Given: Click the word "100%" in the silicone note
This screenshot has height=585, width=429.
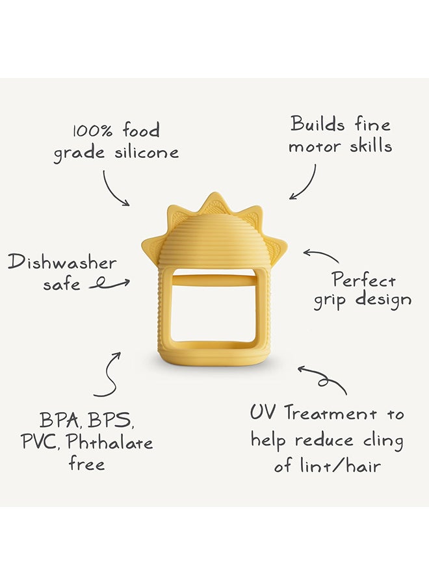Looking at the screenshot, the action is (x=92, y=131).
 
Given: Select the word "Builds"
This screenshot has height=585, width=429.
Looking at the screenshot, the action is (x=317, y=123).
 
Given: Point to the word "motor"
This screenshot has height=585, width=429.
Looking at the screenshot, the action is (x=315, y=147).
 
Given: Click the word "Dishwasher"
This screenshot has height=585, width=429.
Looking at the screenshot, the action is (x=62, y=263).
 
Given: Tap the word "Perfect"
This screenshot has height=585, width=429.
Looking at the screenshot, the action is (x=364, y=279).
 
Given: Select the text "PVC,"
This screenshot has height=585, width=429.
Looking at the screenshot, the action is (x=41, y=442).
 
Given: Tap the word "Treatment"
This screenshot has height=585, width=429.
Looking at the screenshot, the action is (x=331, y=414).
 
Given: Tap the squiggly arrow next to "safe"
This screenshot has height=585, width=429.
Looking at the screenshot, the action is (x=109, y=285).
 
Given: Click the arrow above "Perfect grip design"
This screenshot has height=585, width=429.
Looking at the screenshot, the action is (x=321, y=255).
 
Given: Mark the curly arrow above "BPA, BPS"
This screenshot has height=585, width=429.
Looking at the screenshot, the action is (x=109, y=374).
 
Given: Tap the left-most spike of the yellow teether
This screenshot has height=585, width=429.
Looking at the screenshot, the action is (x=151, y=246).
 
